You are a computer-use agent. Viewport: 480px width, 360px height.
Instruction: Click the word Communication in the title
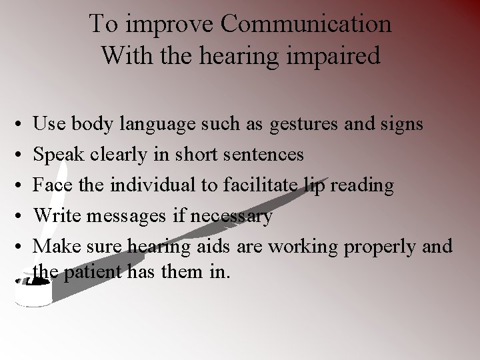306,24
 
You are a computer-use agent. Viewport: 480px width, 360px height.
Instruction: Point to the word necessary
231,216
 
